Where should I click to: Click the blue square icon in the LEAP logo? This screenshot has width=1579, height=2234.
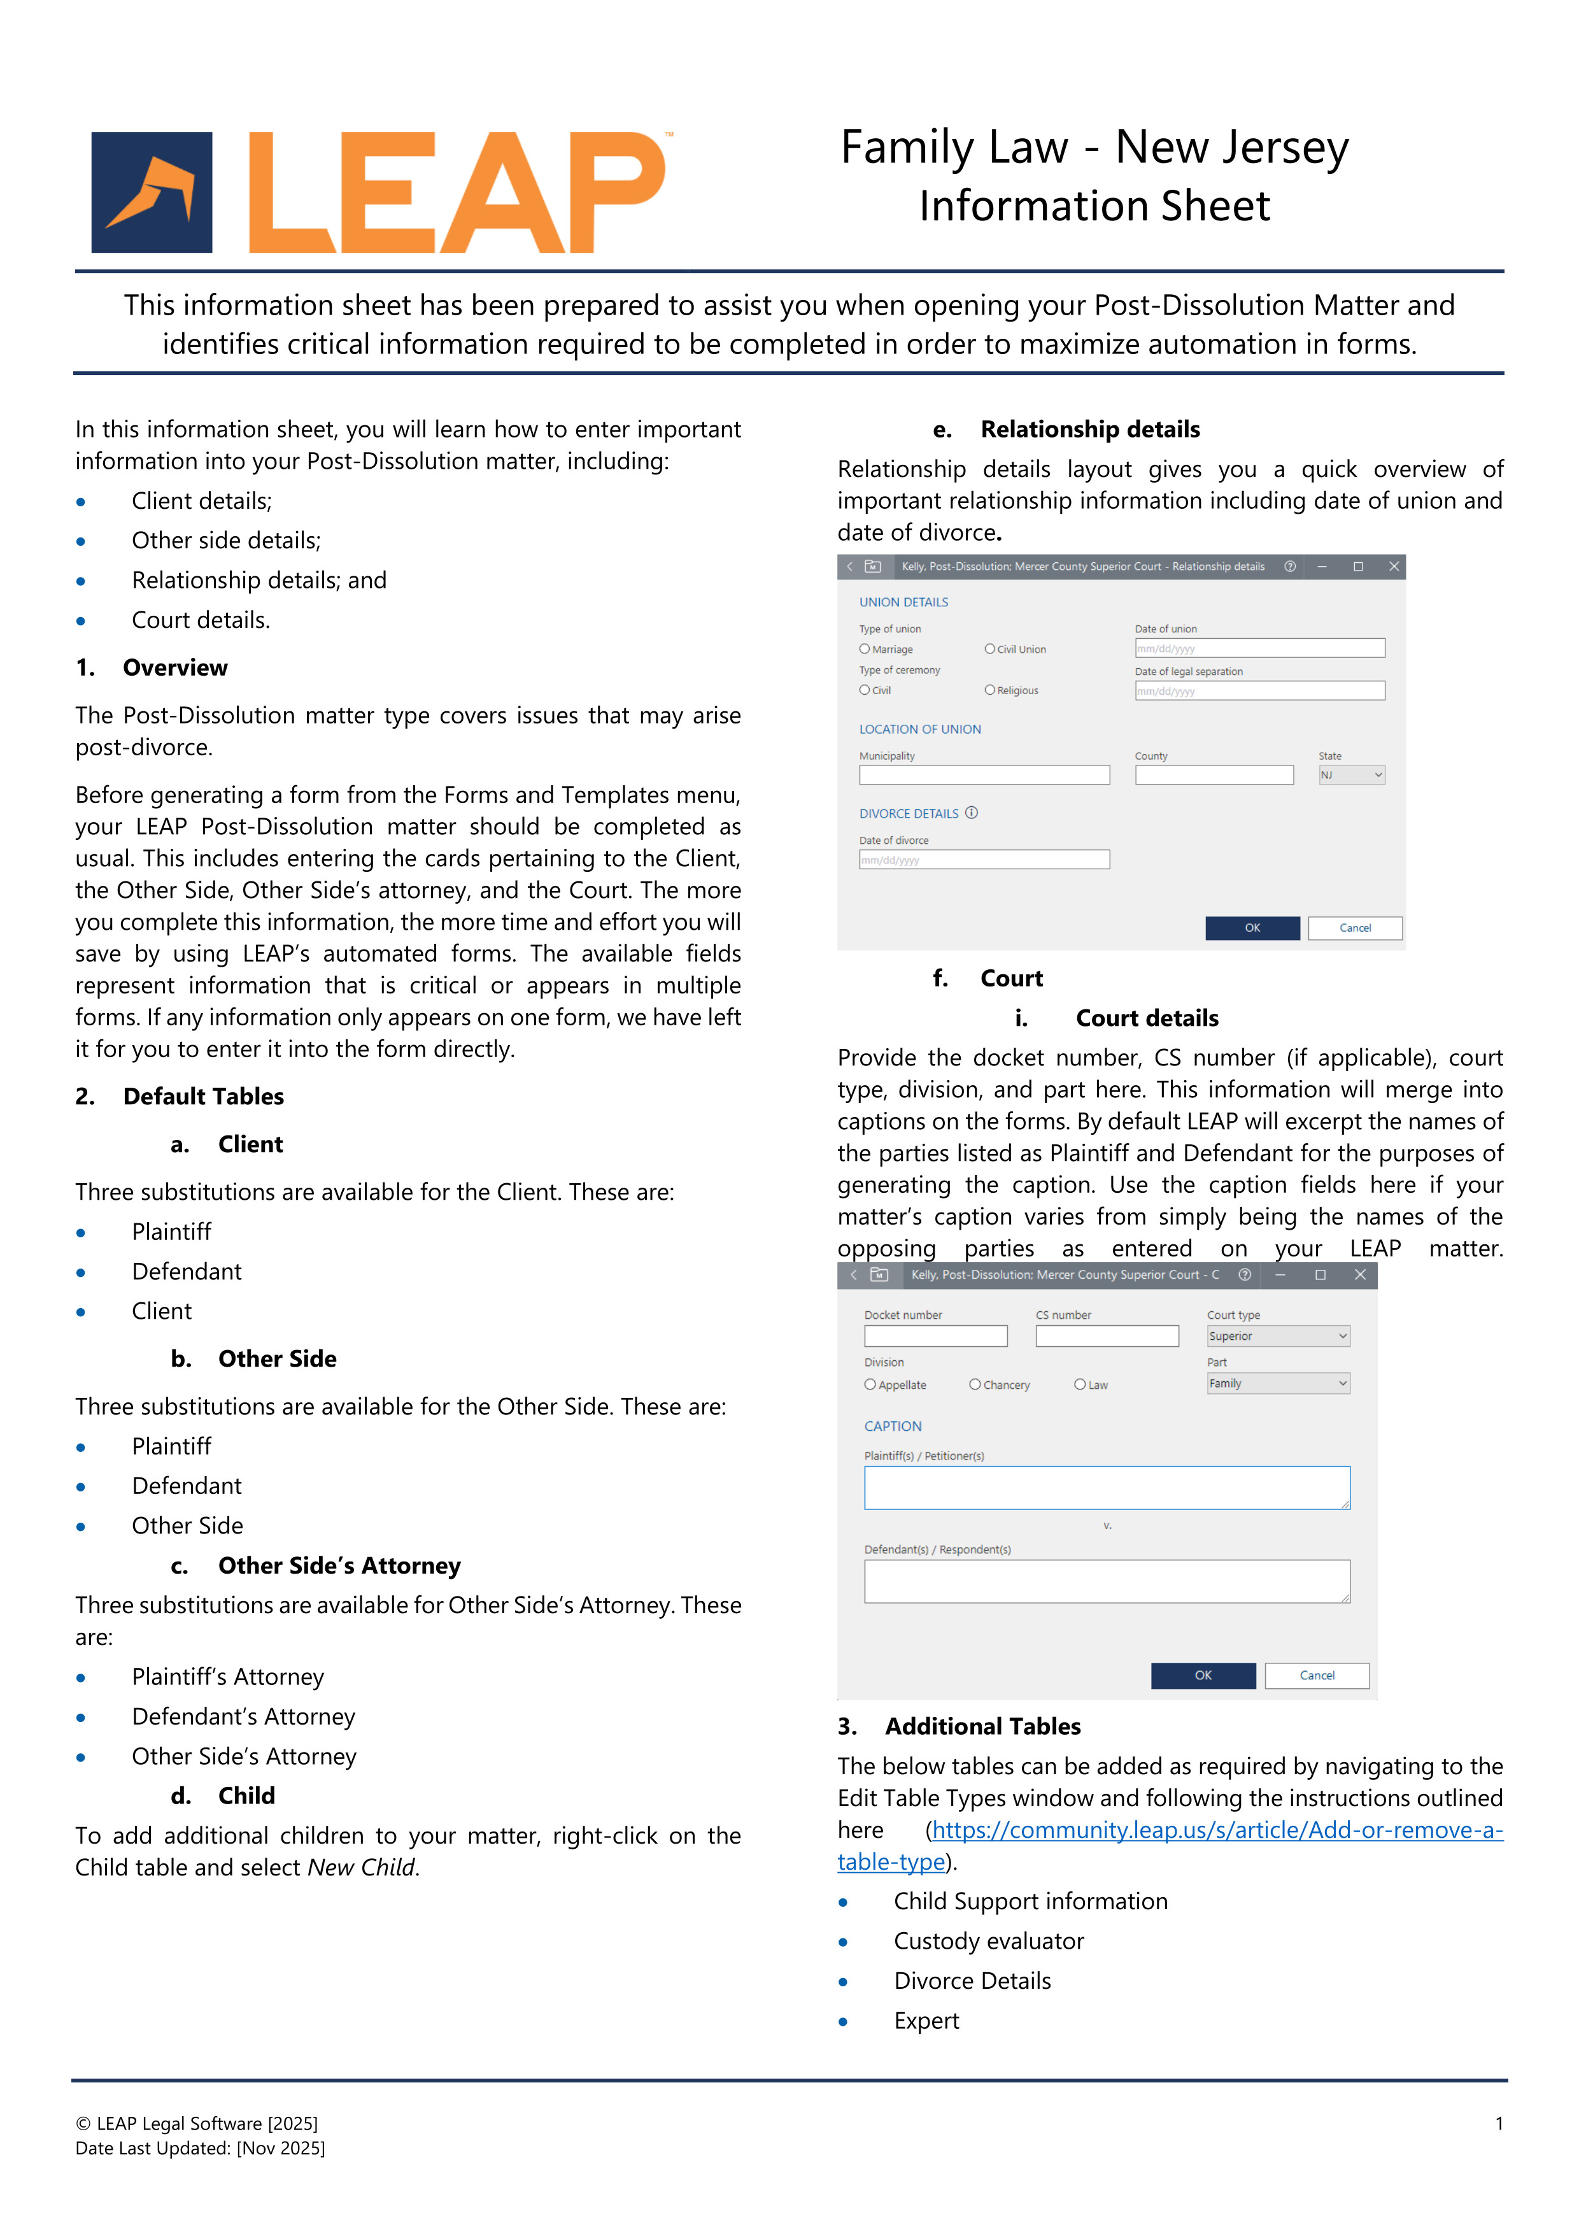pyautogui.click(x=152, y=193)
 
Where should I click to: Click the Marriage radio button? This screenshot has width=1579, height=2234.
pyautogui.click(x=864, y=649)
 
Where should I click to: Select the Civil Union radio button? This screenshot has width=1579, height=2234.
pyautogui.click(x=989, y=649)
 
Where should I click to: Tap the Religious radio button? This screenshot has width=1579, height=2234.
pyautogui.click(x=989, y=690)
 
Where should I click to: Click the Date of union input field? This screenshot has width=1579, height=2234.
pyautogui.click(x=1259, y=648)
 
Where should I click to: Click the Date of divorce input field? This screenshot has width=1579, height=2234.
pyautogui.click(x=984, y=859)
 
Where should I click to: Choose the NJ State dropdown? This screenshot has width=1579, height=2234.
pyautogui.click(x=1350, y=774)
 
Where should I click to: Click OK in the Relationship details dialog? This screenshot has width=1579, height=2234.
pyautogui.click(x=1251, y=927)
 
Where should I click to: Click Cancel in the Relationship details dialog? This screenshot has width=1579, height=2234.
pyautogui.click(x=1354, y=927)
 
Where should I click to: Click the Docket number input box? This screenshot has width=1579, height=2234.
pyautogui.click(x=935, y=1336)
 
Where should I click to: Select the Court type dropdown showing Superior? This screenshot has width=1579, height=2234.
pyautogui.click(x=1277, y=1336)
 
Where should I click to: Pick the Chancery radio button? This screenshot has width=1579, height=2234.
pyautogui.click(x=975, y=1384)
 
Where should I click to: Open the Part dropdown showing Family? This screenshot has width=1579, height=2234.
pyautogui.click(x=1277, y=1383)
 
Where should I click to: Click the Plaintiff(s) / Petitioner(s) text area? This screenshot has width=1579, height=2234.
pyautogui.click(x=1106, y=1488)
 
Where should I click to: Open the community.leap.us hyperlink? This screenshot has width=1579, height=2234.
pyautogui.click(x=1216, y=1830)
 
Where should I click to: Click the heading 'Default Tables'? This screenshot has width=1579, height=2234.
pyautogui.click(x=203, y=1097)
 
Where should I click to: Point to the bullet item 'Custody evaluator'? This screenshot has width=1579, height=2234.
pyautogui.click(x=988, y=1941)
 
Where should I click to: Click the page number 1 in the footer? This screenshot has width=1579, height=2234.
pyautogui.click(x=1498, y=2123)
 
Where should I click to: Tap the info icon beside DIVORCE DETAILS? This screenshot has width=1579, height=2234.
pyautogui.click(x=971, y=813)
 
